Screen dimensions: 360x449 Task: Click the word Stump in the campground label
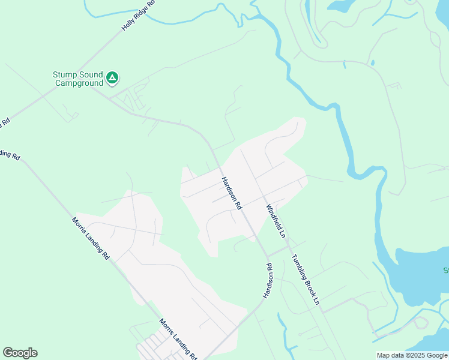(65, 74)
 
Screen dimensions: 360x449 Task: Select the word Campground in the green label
(79, 83)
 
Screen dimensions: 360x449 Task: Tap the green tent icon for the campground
(112, 77)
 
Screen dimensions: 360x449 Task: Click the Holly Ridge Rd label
(139, 17)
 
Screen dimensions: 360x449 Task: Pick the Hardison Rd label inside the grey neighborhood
(231, 193)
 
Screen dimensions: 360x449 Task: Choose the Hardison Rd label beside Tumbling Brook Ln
(268, 281)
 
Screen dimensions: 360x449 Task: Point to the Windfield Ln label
(276, 221)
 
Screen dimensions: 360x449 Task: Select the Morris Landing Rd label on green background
(91, 238)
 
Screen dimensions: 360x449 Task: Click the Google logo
(20, 353)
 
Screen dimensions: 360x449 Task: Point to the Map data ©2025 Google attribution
(412, 355)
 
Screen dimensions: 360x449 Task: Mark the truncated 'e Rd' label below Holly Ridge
(5, 122)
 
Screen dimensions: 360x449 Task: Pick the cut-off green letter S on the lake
(445, 269)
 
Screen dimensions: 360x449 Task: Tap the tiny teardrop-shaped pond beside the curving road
(373, 62)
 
